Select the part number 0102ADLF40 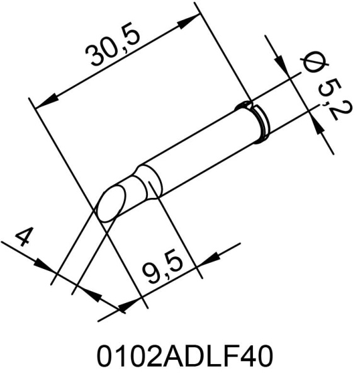184,357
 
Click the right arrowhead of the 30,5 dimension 186,25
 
